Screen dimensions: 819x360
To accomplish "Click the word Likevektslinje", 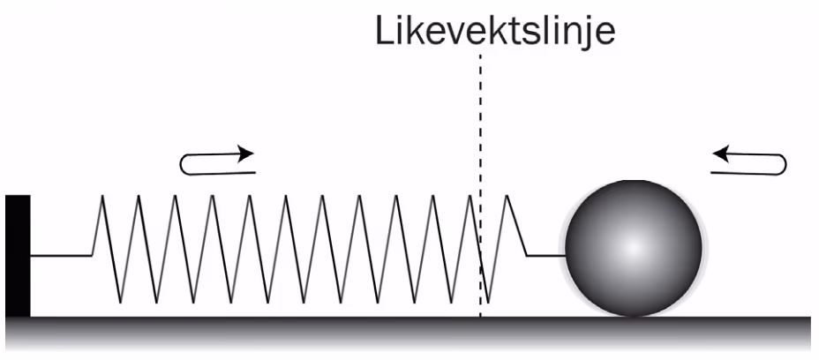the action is [x=495, y=33].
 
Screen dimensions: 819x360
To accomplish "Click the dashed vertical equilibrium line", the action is [x=480, y=185].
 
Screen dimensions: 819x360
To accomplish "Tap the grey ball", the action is [x=633, y=248].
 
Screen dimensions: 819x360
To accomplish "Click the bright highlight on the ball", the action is [x=633, y=247].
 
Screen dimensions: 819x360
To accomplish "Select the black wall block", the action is [x=18, y=256].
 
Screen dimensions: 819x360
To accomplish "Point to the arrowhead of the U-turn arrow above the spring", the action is [x=245, y=154].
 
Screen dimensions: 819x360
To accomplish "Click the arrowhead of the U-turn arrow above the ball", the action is [x=721, y=154].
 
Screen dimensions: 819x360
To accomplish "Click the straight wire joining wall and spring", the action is [x=61, y=256].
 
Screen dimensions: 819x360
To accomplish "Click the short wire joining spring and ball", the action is [x=545, y=256].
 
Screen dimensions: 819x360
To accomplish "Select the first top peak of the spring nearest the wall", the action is [x=102, y=196].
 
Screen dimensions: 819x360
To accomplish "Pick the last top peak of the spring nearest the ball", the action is [x=507, y=196].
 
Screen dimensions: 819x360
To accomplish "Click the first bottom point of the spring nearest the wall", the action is [x=120, y=302].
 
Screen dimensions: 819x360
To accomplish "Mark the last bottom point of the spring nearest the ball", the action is [x=488, y=302].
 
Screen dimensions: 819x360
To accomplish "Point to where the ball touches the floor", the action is [x=633, y=317].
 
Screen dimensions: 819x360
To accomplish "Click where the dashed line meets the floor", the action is [x=480, y=317].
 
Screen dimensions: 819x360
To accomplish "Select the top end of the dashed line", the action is [x=480, y=54].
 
